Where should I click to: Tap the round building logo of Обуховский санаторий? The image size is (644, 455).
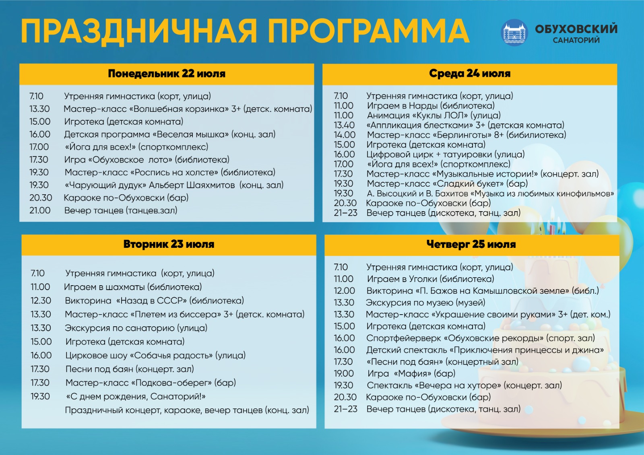coord(514,32)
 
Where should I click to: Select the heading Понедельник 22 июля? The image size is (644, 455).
coord(167,74)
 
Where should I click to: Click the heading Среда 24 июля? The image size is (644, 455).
coord(469,73)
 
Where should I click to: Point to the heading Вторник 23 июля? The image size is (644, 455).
coord(169,244)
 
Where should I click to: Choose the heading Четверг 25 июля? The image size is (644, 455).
coord(471,244)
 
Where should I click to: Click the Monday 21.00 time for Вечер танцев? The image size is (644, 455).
coord(40,210)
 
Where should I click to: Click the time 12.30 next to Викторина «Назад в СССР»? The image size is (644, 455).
coord(41,301)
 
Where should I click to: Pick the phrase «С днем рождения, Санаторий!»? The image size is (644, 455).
coord(136,397)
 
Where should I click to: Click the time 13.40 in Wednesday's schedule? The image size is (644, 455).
coord(344,125)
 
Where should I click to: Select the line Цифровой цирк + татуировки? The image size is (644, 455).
coord(446,154)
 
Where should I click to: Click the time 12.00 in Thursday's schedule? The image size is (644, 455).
coord(344,290)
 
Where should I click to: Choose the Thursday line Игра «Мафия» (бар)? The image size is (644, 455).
coord(411,373)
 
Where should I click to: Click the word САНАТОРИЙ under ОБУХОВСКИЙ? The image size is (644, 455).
coord(576,40)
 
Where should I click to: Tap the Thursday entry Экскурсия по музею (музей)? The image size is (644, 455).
coord(425,303)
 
